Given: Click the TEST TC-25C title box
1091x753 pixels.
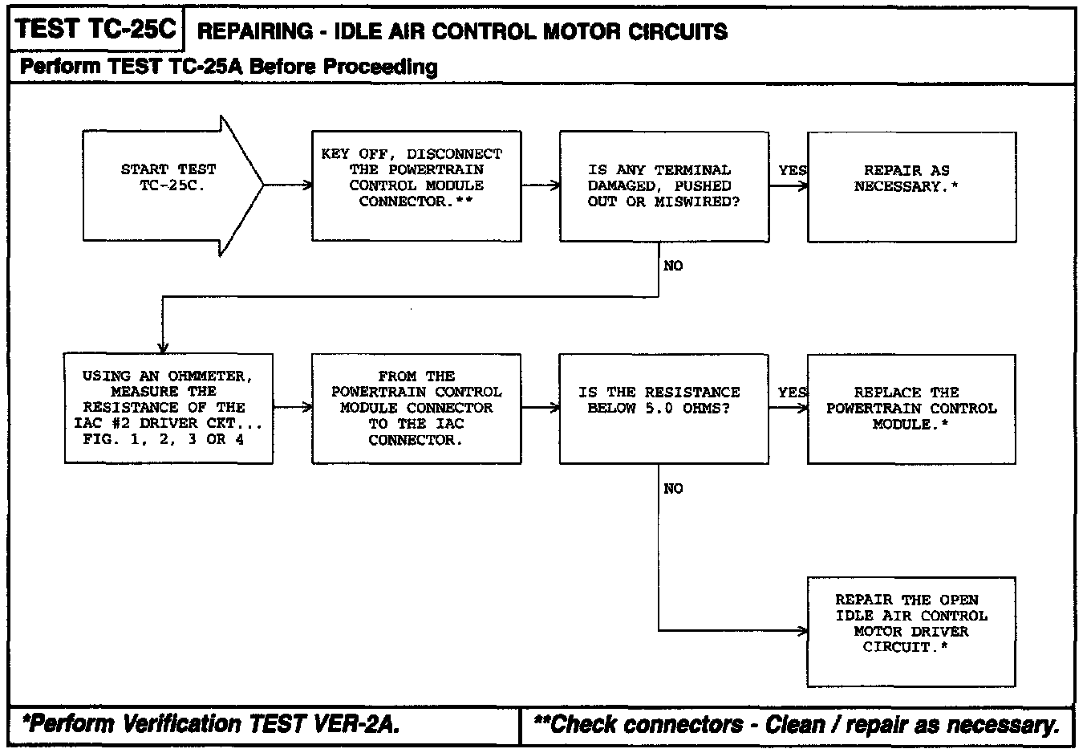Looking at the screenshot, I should pyautogui.click(x=95, y=30).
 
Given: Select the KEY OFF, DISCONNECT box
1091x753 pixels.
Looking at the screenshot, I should pyautogui.click(x=416, y=185).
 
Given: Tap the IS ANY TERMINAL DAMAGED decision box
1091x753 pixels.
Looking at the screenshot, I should pyautogui.click(x=663, y=185).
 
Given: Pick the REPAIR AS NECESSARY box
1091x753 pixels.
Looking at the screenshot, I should pyautogui.click(x=911, y=186).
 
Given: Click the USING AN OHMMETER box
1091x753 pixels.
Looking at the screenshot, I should pyautogui.click(x=168, y=408).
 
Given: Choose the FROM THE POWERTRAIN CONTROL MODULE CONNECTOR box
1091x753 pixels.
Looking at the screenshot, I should pyautogui.click(x=416, y=408).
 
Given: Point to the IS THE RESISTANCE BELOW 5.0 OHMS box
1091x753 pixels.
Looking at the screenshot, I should pyautogui.click(x=663, y=408).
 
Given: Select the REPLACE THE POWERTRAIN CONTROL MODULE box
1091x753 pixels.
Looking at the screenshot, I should pyautogui.click(x=911, y=408).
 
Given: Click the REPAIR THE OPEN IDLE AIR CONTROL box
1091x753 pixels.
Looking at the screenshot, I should pyautogui.click(x=911, y=631).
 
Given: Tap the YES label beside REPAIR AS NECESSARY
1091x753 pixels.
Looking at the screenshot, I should pyautogui.click(x=793, y=170).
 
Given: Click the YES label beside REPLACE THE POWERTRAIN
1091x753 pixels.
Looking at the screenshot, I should pyautogui.click(x=793, y=392).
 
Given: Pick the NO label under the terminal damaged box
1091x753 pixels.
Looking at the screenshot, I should pyautogui.click(x=673, y=266).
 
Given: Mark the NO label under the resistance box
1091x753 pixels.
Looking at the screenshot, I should pyautogui.click(x=673, y=488).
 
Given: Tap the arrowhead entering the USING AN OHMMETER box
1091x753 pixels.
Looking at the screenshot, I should pyautogui.click(x=163, y=348).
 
